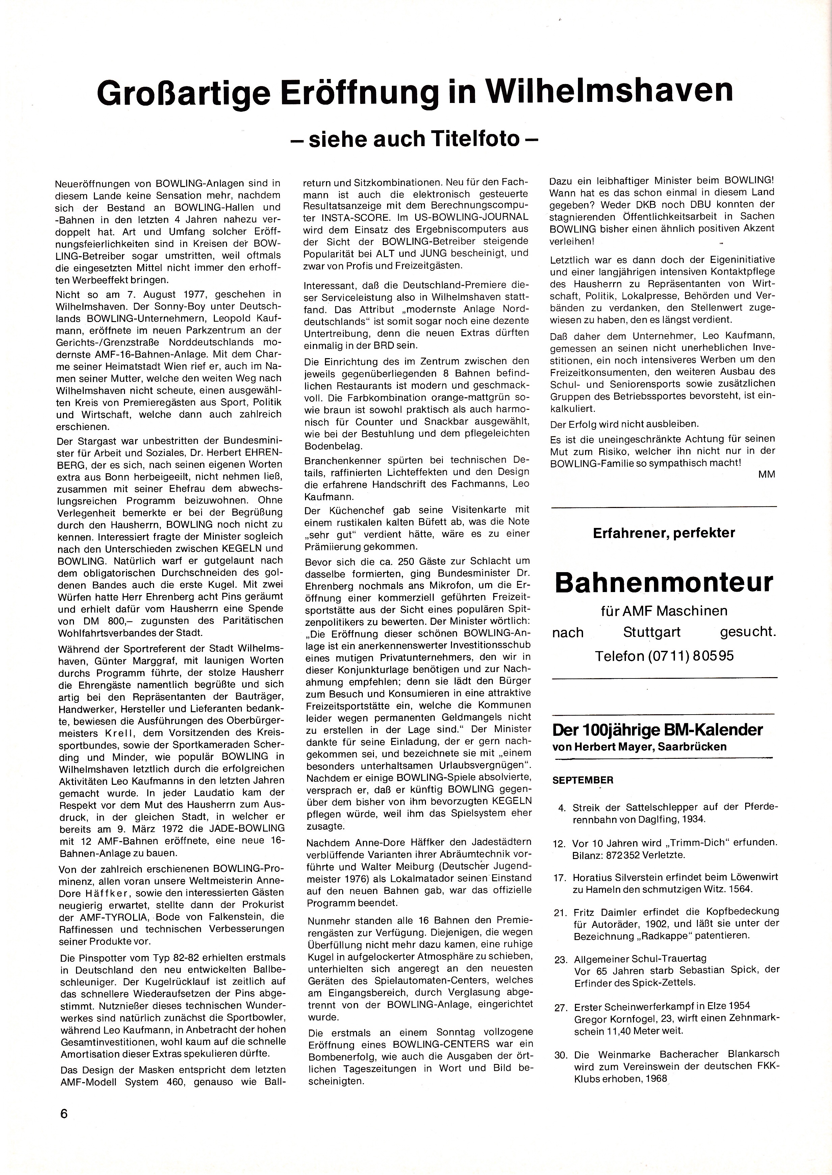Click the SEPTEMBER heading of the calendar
[x=582, y=780]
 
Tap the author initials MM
[x=766, y=475]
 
